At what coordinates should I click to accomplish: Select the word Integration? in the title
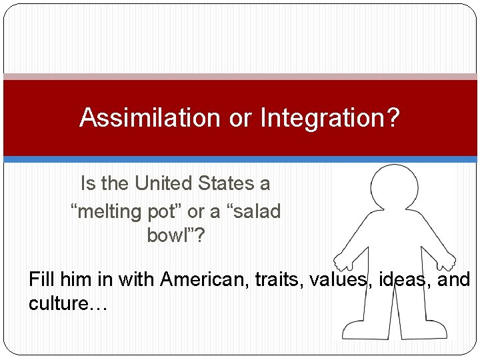click(330, 118)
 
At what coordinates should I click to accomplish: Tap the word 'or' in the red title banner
click(240, 118)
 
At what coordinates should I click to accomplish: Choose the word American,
click(203, 279)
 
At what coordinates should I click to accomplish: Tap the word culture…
click(67, 303)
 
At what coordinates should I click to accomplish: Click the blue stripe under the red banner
click(240, 159)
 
